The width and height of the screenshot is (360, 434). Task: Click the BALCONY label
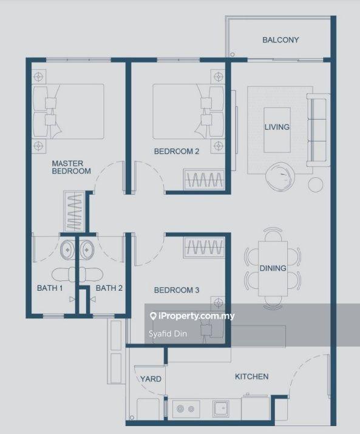tap(280, 40)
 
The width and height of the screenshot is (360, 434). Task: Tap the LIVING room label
tap(277, 127)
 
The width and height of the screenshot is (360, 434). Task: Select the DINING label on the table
tap(273, 268)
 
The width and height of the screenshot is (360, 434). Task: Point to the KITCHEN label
tap(251, 376)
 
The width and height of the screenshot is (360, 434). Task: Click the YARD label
tap(151, 379)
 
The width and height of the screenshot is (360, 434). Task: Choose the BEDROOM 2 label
tap(177, 151)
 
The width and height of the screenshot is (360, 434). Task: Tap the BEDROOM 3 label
tap(177, 290)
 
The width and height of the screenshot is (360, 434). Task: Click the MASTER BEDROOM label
tap(71, 167)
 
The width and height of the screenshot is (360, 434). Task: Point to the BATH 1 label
tap(50, 288)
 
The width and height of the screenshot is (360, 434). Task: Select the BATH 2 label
tap(109, 288)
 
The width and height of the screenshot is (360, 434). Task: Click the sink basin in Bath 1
tap(67, 249)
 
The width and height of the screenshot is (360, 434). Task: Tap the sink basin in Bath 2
tap(87, 249)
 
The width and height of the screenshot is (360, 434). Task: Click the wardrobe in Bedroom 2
tap(204, 179)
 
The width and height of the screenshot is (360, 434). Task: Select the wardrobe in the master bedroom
tap(74, 212)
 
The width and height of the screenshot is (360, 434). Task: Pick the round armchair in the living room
tap(280, 177)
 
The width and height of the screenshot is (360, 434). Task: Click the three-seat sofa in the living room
tap(318, 130)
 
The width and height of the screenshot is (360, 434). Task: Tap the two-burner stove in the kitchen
tap(186, 409)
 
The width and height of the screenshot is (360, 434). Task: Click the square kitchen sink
tap(221, 409)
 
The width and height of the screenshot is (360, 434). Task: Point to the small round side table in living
tap(316, 185)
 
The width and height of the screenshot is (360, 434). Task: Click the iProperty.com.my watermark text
tap(192, 316)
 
